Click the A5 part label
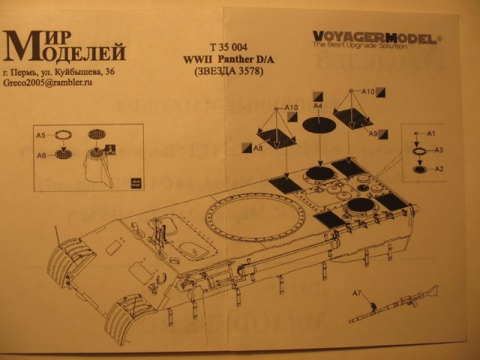(41, 135)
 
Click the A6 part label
(41, 154)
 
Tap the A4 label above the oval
(318, 107)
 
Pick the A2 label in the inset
(440, 168)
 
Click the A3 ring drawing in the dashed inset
(421, 151)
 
